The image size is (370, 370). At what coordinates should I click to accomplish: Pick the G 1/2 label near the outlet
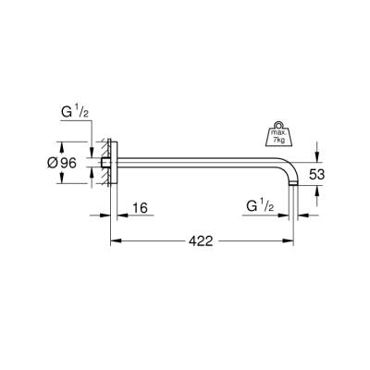[x=259, y=204]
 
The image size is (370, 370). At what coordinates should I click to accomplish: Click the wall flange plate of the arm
[x=114, y=162]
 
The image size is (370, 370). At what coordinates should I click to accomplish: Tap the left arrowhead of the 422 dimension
[x=115, y=240]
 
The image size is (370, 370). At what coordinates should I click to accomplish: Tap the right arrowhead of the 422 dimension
[x=292, y=240]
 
